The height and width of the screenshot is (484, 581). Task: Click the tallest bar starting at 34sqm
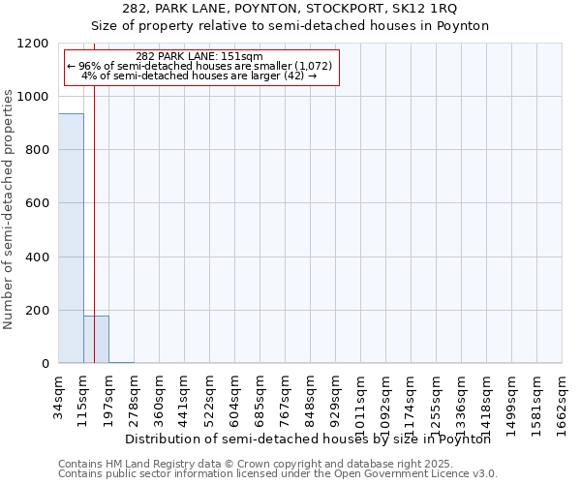71,238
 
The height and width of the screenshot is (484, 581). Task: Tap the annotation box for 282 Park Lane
200,66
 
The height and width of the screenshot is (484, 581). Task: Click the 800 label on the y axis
37,150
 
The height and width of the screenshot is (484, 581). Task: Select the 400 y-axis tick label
37,257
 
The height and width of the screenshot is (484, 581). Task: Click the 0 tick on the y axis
45,364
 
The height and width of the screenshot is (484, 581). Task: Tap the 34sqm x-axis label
59,397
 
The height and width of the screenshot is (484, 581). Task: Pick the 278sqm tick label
135,397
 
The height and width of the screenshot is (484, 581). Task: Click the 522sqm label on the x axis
210,397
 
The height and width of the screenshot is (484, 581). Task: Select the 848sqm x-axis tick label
311,397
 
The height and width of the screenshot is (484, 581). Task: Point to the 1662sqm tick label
563,401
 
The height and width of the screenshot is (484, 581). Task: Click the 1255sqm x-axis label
437,401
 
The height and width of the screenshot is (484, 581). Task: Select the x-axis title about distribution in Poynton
309,439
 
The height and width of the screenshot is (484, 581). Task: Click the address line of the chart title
290,9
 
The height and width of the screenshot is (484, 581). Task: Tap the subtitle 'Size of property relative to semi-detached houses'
290,25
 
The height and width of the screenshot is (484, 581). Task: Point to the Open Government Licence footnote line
278,474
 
